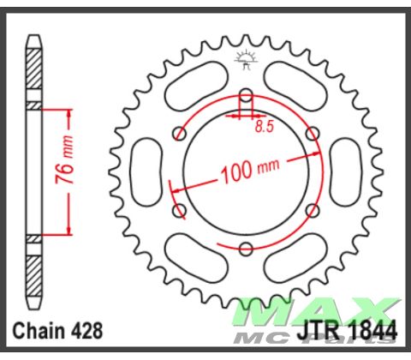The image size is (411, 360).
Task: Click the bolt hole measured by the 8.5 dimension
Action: click(x=246, y=93)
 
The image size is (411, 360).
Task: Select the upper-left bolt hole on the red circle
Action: click(x=179, y=132)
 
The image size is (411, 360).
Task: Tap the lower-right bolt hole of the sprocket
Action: click(x=313, y=210)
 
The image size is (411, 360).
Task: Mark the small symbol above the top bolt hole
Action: click(x=246, y=60)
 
